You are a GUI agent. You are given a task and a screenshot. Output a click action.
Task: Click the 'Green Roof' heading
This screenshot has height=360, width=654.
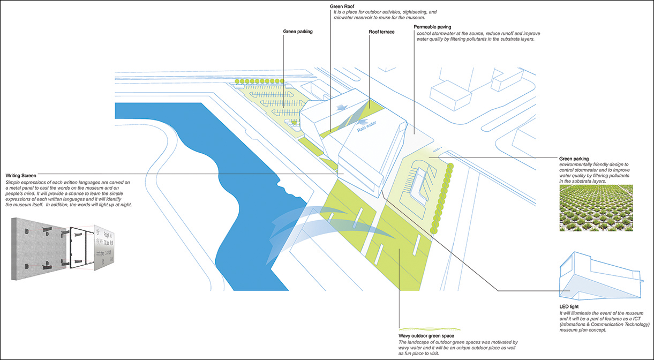click(x=341, y=6)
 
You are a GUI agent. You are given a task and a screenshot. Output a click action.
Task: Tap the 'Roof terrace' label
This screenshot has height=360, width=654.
click(x=381, y=32)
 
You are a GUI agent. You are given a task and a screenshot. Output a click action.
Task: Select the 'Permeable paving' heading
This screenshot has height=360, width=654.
click(x=432, y=27)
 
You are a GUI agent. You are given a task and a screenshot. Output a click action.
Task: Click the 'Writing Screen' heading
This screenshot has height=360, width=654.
click(x=21, y=176)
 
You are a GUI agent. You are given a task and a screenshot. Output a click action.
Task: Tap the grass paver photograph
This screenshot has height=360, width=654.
click(x=596, y=208)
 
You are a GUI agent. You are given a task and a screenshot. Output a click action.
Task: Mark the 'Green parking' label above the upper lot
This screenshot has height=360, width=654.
click(x=298, y=32)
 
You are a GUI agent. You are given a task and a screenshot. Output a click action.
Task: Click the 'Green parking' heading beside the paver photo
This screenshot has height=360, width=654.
click(x=574, y=159)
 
